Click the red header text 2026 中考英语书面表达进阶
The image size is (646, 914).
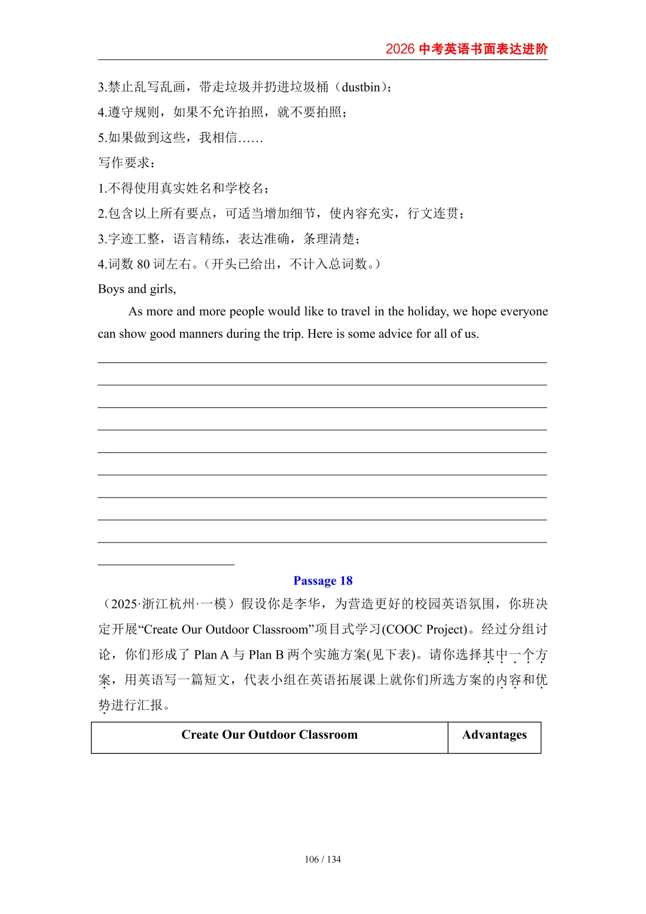(467, 49)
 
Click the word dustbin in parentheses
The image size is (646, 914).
(361, 87)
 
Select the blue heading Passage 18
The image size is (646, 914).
(323, 581)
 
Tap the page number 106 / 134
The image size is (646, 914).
(323, 860)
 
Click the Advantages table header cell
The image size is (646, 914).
(494, 735)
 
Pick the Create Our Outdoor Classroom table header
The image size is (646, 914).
(269, 735)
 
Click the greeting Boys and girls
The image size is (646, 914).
(137, 290)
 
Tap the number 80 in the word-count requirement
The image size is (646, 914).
(144, 264)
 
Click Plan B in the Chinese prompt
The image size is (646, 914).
(266, 655)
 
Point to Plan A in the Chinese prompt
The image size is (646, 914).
(212, 655)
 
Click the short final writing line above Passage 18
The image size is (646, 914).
(166, 564)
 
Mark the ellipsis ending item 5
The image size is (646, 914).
(251, 138)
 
